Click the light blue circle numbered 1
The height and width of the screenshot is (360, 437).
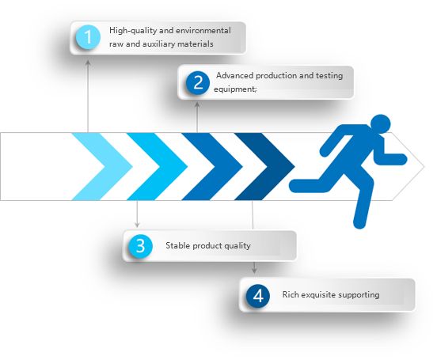click(x=88, y=36)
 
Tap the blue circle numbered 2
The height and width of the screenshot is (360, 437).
click(x=198, y=82)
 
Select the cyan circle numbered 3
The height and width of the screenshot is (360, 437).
click(x=140, y=246)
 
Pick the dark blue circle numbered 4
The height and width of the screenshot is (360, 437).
click(x=258, y=296)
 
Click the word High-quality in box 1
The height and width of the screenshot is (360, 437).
click(x=133, y=31)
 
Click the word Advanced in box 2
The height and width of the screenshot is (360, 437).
click(x=234, y=75)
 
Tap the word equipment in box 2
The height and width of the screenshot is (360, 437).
click(x=234, y=89)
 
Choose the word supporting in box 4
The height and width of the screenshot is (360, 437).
click(x=359, y=295)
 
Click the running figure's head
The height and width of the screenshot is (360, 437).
click(x=381, y=124)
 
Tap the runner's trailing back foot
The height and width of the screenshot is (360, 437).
click(x=294, y=186)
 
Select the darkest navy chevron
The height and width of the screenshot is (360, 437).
click(x=264, y=167)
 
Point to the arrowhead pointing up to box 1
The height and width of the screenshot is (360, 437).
click(x=88, y=63)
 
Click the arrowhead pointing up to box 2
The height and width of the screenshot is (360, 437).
click(x=197, y=104)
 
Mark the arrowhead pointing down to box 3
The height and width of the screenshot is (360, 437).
click(x=137, y=224)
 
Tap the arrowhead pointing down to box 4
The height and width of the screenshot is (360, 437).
click(x=254, y=270)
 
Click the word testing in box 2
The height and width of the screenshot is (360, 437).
click(x=329, y=75)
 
